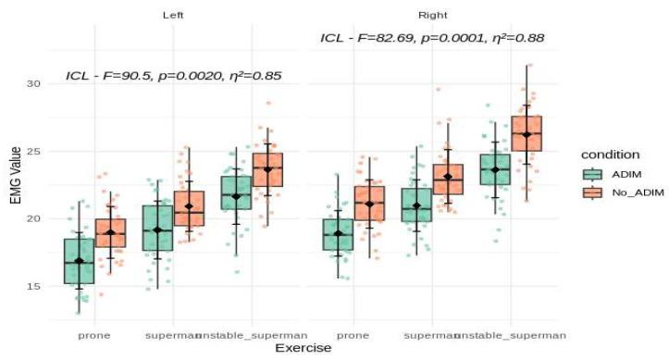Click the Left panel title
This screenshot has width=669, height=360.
tap(171, 15)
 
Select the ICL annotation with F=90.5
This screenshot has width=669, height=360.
tap(173, 76)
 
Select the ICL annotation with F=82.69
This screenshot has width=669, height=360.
tap(432, 38)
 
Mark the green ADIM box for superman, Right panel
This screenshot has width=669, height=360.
tap(416, 205)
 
